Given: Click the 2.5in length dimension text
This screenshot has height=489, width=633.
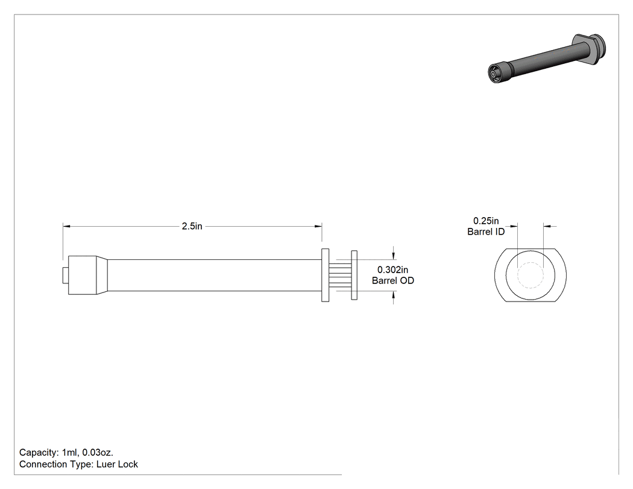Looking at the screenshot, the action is coord(192,226).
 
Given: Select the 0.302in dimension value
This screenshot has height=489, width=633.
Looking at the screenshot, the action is coord(392,270).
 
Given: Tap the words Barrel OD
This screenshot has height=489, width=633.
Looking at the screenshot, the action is coord(393,280).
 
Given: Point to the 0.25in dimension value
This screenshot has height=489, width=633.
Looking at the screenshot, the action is coord(486,221).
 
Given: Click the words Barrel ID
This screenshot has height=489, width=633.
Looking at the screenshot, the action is coord(486,232).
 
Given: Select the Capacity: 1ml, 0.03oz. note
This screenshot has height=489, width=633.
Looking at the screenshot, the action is coord(66,452).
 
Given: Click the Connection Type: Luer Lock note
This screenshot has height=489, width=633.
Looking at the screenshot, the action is coord(79,464).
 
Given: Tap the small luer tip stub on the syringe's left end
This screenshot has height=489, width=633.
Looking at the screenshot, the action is coord(65,276).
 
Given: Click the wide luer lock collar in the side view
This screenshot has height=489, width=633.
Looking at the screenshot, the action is coord(82,276).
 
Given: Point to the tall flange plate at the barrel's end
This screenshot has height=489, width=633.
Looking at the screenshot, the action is coord(325,275).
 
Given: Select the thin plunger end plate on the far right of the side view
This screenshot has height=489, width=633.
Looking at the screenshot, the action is coord(354,275).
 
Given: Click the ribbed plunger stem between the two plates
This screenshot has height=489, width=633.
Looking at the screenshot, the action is coord(341,276).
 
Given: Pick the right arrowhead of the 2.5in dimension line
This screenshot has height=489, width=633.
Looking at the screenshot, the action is coord(318,227).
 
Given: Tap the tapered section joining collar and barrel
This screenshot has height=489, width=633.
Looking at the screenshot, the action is coord(102,276).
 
